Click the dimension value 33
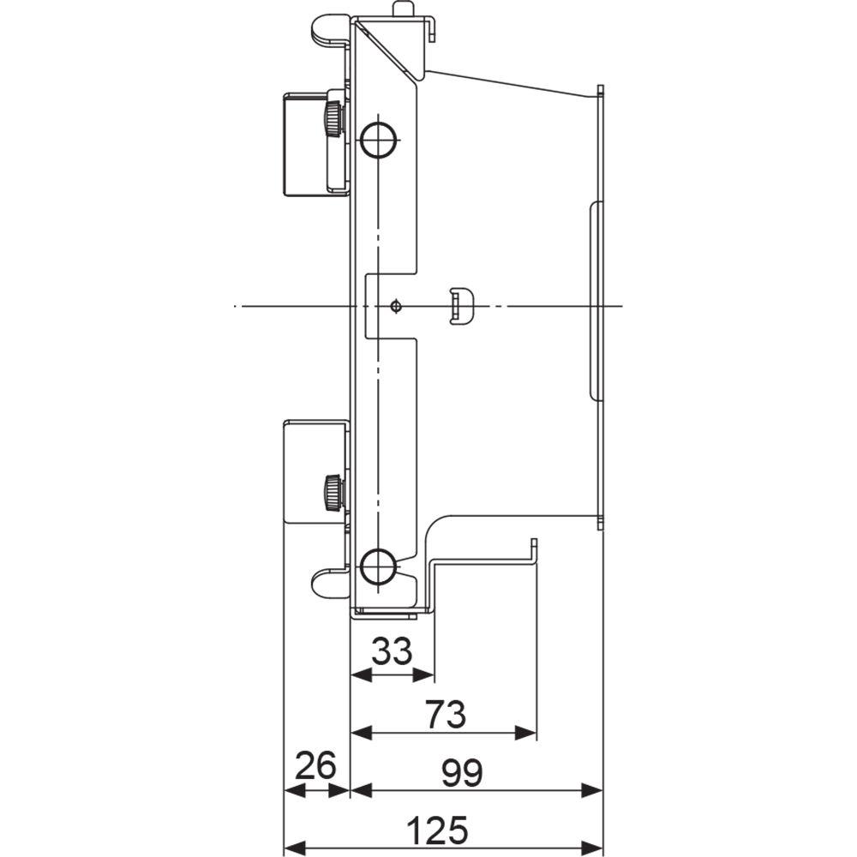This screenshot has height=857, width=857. pyautogui.click(x=393, y=653)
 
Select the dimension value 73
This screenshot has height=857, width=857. pyautogui.click(x=444, y=713)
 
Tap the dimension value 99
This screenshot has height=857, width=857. pyautogui.click(x=463, y=773)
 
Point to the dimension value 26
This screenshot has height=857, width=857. pyautogui.click(x=316, y=765)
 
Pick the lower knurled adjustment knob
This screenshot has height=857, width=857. pyautogui.click(x=333, y=491)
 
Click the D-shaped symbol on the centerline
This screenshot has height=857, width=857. pyautogui.click(x=460, y=306)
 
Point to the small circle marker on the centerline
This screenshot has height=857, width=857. pyautogui.click(x=394, y=306)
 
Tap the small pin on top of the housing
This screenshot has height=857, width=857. pyautogui.click(x=402, y=9)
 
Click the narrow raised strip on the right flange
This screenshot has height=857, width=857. pyautogui.click(x=596, y=301)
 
